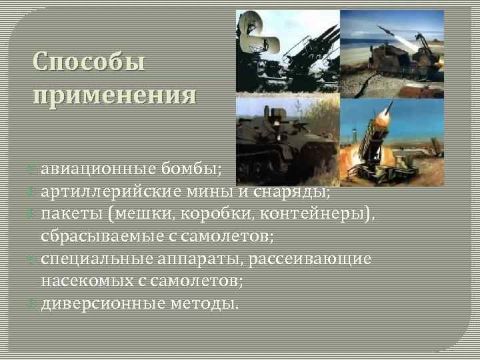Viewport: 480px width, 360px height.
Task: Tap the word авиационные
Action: (101, 171)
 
